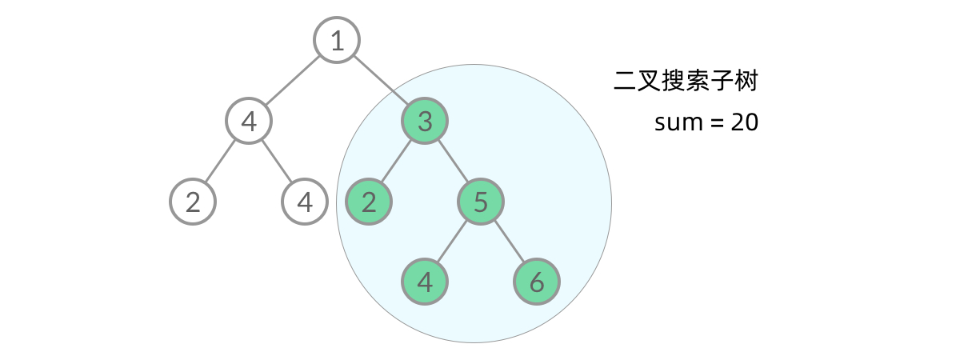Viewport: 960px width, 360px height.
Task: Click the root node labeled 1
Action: (x=337, y=41)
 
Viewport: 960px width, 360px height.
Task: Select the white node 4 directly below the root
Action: (x=249, y=122)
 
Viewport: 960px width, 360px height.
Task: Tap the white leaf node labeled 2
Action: (x=193, y=202)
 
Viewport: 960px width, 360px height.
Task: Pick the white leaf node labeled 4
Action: (x=305, y=202)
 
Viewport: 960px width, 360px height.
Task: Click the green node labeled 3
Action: (x=425, y=122)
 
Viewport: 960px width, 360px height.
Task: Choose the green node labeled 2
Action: (x=369, y=202)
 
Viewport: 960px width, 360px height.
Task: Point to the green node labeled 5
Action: (x=481, y=202)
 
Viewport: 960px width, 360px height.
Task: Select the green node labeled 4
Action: (x=425, y=282)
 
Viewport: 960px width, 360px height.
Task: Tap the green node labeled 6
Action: (x=537, y=282)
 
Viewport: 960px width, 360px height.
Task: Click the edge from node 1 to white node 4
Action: (x=293, y=81)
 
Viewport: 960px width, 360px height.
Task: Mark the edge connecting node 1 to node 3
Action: (x=381, y=81)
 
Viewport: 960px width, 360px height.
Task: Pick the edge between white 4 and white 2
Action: (x=221, y=162)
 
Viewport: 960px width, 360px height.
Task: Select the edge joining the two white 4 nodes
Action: (x=277, y=162)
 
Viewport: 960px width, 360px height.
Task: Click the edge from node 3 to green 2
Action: (x=397, y=162)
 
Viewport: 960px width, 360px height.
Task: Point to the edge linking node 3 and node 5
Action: (x=453, y=162)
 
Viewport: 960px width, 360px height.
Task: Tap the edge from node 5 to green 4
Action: (x=453, y=242)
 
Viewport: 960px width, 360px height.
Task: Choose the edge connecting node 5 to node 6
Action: (x=509, y=242)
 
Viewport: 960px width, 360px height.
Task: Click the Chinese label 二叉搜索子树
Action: (x=686, y=82)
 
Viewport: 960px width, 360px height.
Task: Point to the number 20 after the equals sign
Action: (x=743, y=122)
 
